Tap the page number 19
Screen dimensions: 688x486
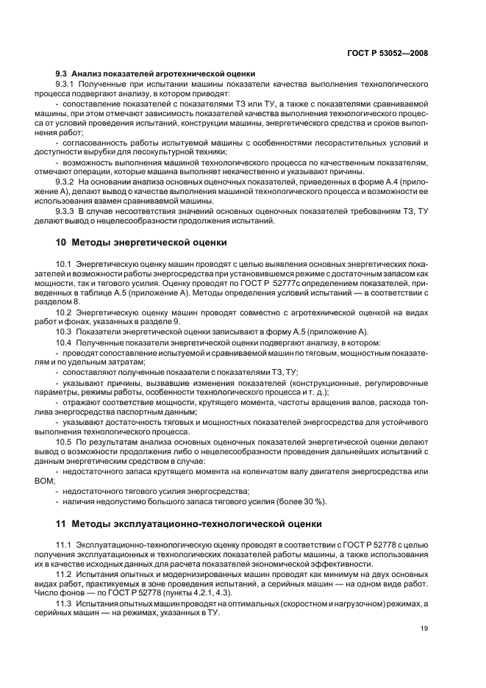tap(424, 627)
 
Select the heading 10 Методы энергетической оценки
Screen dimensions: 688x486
tap(141, 242)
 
